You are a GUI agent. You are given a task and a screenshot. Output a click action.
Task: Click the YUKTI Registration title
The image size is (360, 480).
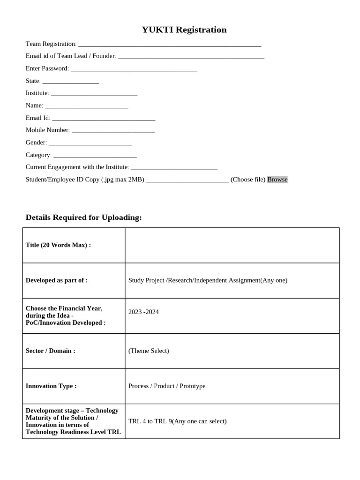coord(184,30)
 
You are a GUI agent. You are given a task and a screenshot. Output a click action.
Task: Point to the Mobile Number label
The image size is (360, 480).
coord(48,130)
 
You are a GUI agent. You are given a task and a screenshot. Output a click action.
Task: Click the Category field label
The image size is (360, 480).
coord(38,155)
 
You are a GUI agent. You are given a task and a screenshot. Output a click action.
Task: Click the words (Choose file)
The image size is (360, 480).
coord(248,180)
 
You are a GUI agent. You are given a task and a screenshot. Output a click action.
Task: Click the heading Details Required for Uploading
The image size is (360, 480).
coord(83,217)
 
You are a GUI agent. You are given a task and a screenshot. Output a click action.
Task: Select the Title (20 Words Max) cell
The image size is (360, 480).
coord(58,245)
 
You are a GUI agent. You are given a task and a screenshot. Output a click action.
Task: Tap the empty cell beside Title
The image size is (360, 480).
coord(232,245)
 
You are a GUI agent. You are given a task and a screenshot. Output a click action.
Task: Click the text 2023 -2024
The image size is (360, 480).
coord(143,312)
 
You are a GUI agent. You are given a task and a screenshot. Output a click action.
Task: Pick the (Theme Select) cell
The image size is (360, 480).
coord(149,351)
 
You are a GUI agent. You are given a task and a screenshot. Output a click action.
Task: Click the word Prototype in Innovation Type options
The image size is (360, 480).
coord(192,386)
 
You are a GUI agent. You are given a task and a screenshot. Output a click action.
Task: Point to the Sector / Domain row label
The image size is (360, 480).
coord(50,351)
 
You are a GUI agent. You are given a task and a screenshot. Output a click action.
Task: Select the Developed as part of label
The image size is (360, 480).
coord(56,280)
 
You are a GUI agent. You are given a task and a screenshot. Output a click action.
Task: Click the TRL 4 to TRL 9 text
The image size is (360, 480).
coord(177,421)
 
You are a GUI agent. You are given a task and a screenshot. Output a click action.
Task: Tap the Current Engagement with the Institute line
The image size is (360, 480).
coord(174,168)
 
